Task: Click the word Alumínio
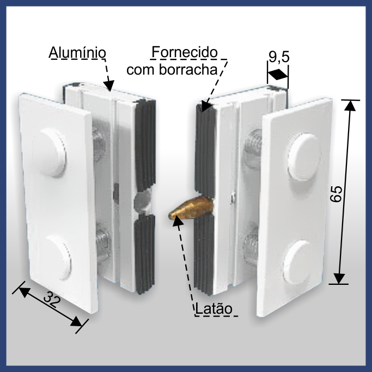pos(77,53)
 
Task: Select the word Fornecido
pos(184,52)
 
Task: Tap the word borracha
pos(188,70)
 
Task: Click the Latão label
pos(214,309)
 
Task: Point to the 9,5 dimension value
pos(279,57)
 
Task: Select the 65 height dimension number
pos(337,193)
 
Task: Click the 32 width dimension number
pos(52,300)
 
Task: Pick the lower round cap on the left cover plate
pos(56,257)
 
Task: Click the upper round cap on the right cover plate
pos(302,156)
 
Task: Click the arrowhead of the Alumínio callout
pos(109,86)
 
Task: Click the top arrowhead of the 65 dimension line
pos(350,105)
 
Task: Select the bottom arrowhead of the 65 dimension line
pos(339,278)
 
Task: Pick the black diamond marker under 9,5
pos(278,75)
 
